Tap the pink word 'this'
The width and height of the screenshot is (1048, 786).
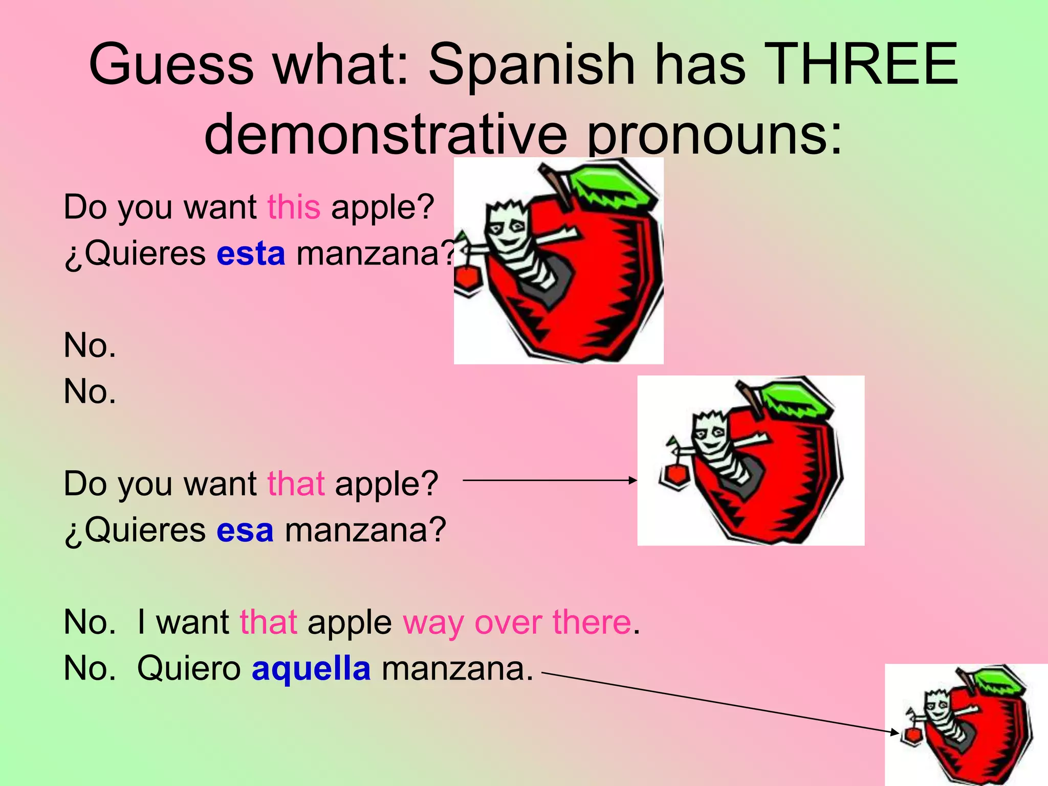(294, 207)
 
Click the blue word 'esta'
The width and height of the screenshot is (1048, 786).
(251, 254)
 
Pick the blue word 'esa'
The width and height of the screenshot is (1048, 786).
(245, 530)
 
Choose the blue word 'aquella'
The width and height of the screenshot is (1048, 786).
(311, 668)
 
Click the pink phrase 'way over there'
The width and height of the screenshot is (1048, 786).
(517, 623)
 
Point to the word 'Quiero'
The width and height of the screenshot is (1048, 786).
(189, 668)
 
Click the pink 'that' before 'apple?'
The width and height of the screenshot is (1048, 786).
(296, 484)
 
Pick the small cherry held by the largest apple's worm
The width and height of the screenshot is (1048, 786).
(466, 279)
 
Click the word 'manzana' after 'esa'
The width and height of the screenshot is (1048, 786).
(365, 530)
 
